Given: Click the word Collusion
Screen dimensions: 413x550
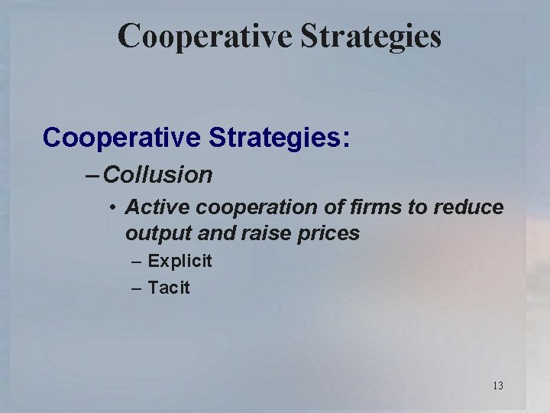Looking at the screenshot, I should (x=158, y=175).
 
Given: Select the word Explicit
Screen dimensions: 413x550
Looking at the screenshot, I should (x=180, y=262).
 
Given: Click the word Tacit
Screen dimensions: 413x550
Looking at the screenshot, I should (x=169, y=288).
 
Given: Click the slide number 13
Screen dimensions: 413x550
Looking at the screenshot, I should (x=498, y=385).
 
